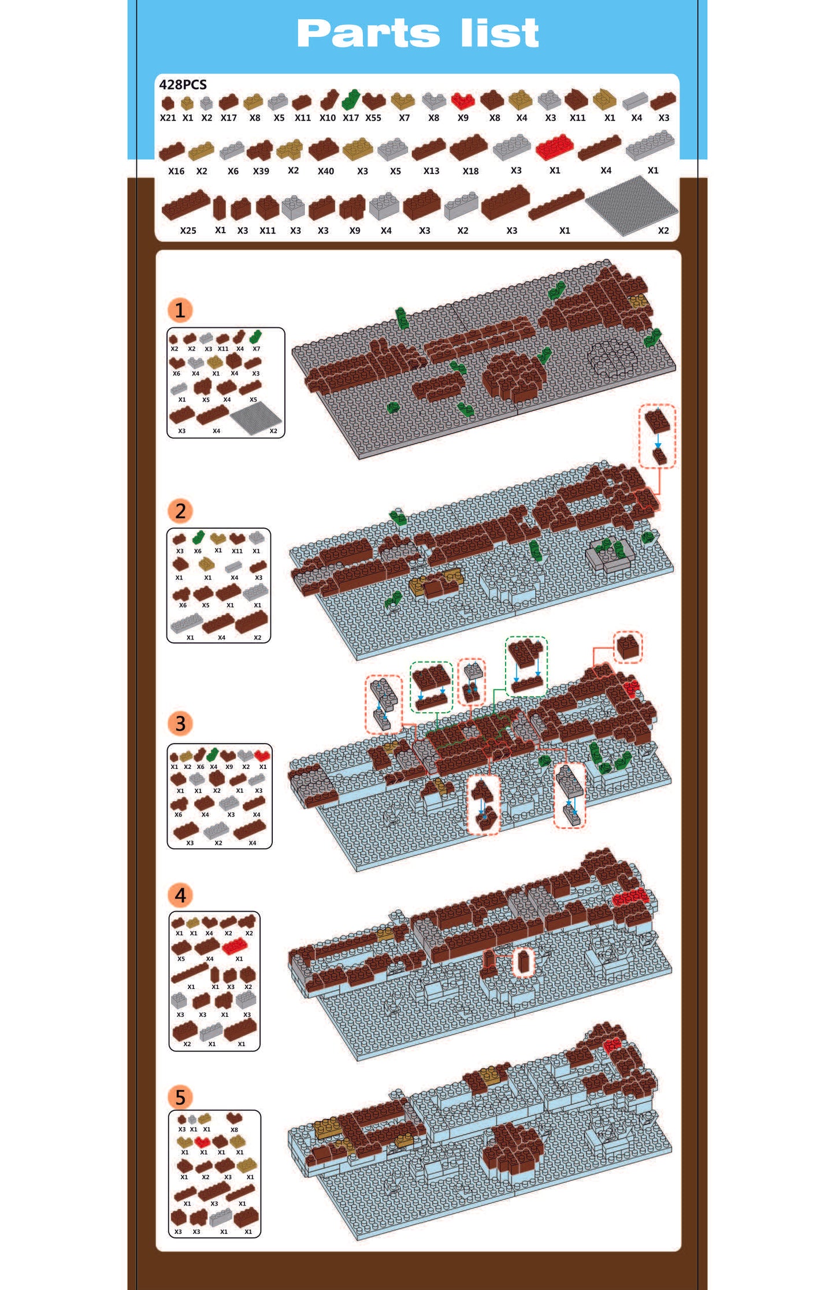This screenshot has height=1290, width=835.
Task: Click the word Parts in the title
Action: (x=368, y=34)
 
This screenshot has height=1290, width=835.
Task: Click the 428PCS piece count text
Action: (x=183, y=85)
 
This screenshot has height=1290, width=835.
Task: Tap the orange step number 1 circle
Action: (x=180, y=310)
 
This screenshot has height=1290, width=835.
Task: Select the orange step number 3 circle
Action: (x=180, y=723)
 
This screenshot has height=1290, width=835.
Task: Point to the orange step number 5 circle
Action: (x=180, y=1097)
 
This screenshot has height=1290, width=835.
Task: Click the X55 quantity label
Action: (x=373, y=118)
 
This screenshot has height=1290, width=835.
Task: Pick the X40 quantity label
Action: (x=326, y=171)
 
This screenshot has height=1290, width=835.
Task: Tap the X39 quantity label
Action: (x=261, y=171)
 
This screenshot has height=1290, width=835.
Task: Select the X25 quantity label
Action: (x=188, y=231)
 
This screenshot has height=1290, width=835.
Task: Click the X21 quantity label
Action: (x=168, y=118)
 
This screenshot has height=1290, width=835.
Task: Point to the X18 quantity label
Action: (x=471, y=171)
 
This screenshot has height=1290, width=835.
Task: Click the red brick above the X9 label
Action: (x=463, y=101)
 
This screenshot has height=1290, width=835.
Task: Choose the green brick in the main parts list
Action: (x=350, y=100)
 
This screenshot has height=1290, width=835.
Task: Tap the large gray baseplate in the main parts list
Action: (x=632, y=205)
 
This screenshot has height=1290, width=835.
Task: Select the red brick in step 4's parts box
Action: (x=235, y=946)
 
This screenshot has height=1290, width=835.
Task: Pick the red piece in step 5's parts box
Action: (x=202, y=1142)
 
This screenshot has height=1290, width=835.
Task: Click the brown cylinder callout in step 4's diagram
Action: (x=524, y=962)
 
